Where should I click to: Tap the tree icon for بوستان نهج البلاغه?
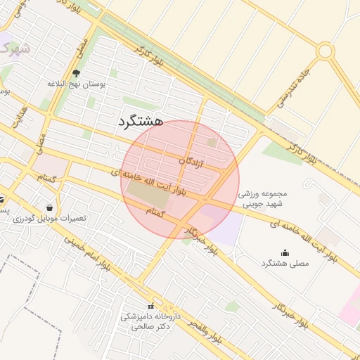click(76, 74)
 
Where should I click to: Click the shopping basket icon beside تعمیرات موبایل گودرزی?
click(49, 207)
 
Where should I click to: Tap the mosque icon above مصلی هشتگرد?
click(285, 253)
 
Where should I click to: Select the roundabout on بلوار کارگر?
click(325, 51)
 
